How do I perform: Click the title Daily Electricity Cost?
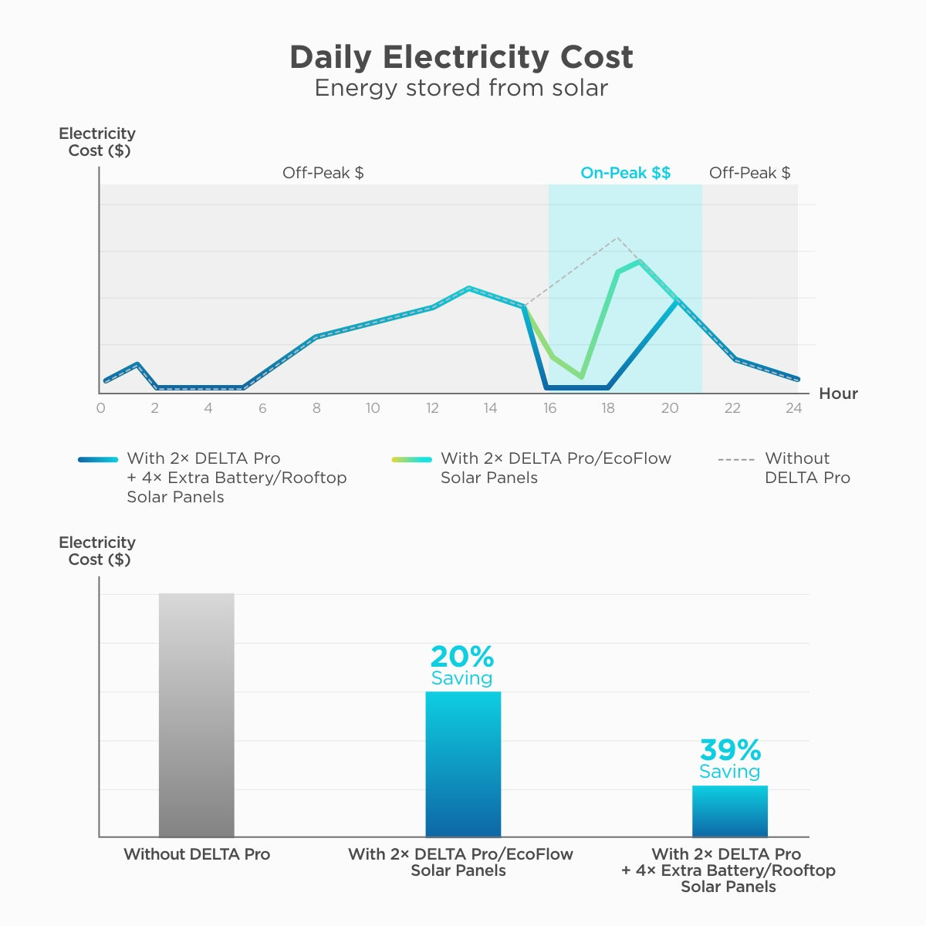(461, 57)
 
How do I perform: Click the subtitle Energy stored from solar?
(461, 88)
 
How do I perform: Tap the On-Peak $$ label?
(625, 173)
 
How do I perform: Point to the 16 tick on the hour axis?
(549, 408)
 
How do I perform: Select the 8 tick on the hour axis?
(316, 408)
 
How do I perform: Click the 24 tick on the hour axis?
(793, 408)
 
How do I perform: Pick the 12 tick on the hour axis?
(432, 408)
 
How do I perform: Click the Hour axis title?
(838, 394)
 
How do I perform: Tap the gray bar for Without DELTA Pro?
(196, 715)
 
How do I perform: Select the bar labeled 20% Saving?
(463, 764)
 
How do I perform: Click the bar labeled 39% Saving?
(729, 811)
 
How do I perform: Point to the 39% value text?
(730, 749)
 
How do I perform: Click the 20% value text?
(461, 657)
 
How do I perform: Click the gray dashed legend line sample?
(735, 459)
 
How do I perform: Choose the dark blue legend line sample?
(98, 459)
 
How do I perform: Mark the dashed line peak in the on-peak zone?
(617, 238)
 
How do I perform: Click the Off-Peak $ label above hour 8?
(323, 173)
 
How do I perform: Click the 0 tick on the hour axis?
(101, 408)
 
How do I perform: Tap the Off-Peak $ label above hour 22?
(749, 173)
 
